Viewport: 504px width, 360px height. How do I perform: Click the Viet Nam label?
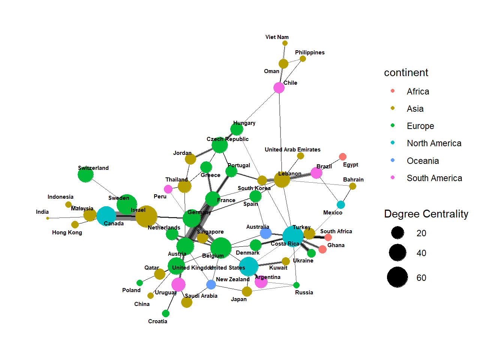277,37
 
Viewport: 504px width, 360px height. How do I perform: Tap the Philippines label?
309,52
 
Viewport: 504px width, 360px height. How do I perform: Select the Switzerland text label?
93,168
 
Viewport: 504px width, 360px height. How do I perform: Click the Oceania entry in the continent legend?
423,161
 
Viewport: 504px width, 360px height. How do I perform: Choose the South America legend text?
434,178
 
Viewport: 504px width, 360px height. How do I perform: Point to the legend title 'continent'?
406,73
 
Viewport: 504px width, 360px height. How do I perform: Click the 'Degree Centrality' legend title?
426,214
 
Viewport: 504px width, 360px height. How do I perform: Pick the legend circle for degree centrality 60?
397,277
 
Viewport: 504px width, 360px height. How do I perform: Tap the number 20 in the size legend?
421,233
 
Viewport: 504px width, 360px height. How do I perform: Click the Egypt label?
350,165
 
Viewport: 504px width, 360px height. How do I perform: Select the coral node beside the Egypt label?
342,157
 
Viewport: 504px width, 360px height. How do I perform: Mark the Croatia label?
157,321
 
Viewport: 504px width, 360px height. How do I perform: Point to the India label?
42,212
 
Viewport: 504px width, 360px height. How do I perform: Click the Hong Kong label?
67,232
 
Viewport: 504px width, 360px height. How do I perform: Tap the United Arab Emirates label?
292,150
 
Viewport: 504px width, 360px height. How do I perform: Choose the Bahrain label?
353,180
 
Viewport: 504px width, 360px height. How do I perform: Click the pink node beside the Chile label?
279,88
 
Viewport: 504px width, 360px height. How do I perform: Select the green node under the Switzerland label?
85,175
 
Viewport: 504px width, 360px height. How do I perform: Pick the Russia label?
304,292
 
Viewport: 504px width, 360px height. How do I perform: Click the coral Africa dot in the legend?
393,91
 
